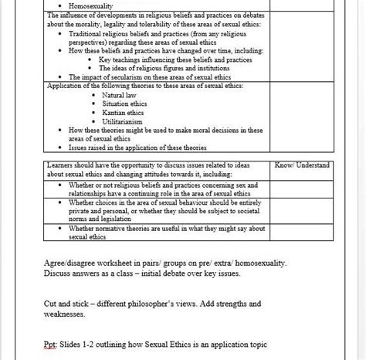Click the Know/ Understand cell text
[302, 165]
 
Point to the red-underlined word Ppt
[52, 343]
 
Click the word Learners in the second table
[63, 165]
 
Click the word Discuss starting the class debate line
[59, 273]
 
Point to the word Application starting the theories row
[68, 86]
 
